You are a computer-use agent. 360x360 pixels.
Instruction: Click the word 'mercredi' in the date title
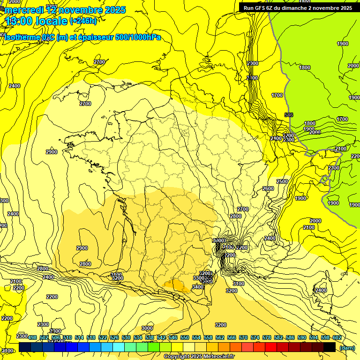(22, 10)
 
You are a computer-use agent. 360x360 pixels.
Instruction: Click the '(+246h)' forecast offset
(83, 21)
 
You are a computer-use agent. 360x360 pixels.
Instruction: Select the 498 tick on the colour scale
(32, 337)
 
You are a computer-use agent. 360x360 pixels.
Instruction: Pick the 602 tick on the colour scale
(337, 337)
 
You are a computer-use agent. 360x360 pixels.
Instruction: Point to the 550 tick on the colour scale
(185, 337)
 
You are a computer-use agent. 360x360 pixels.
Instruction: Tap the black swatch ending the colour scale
(330, 347)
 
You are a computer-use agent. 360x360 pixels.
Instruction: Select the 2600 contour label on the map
(268, 188)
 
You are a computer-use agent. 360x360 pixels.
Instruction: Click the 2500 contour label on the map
(282, 181)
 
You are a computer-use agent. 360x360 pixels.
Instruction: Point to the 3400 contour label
(198, 287)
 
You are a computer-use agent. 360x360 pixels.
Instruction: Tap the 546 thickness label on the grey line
(288, 115)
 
